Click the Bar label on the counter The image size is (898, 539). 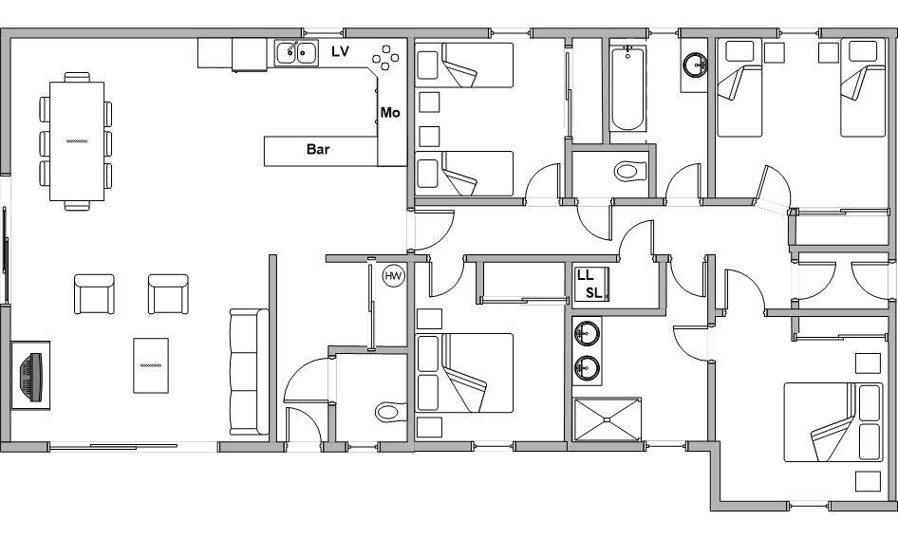(318, 150)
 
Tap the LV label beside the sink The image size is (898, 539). (340, 51)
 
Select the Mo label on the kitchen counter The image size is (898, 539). (390, 113)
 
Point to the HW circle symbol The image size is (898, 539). (393, 277)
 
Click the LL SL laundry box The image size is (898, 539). (589, 283)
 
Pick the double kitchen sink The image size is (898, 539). (296, 53)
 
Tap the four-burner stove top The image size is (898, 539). (385, 58)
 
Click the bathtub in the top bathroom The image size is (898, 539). (627, 89)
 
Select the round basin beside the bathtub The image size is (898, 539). (695, 65)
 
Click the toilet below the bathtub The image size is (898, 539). (630, 171)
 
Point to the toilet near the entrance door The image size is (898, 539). (390, 412)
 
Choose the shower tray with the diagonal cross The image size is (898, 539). (607, 419)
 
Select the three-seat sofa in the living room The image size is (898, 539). (249, 372)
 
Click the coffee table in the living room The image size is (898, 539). (151, 365)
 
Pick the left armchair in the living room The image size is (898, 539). (94, 294)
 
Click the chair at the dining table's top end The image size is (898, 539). (77, 77)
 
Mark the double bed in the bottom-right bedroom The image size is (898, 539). (833, 422)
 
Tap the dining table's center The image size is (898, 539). (77, 141)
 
